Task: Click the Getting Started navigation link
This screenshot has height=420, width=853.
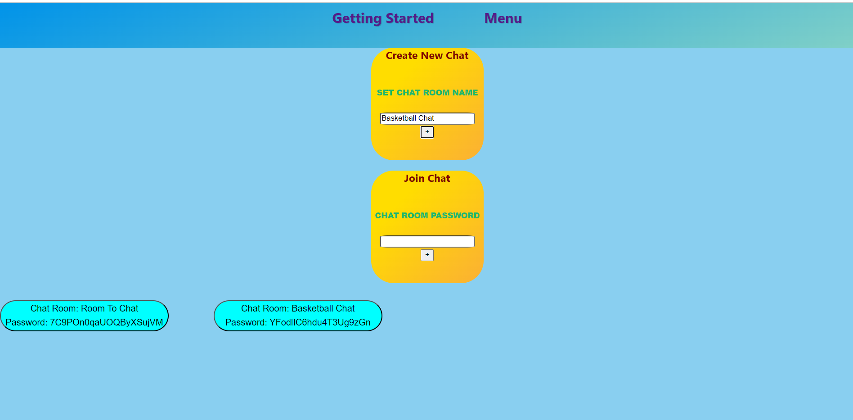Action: click(x=383, y=18)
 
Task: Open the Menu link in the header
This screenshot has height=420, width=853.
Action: click(x=503, y=18)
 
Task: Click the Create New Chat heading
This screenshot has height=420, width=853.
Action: click(x=427, y=56)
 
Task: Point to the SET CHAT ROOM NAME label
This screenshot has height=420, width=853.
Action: click(x=427, y=93)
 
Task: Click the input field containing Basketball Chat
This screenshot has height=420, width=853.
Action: click(x=427, y=118)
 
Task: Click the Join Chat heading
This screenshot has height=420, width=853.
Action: click(x=427, y=179)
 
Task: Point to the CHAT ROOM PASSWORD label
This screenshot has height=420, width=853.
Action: click(x=427, y=216)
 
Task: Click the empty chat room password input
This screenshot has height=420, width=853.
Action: click(x=427, y=242)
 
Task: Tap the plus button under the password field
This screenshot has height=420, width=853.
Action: click(x=427, y=255)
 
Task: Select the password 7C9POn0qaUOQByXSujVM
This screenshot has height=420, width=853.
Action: click(x=106, y=323)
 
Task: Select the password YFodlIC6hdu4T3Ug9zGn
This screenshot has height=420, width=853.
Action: click(x=319, y=323)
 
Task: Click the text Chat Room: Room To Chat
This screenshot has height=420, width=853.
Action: click(x=84, y=309)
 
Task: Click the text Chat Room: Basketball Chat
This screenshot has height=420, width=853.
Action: click(x=298, y=309)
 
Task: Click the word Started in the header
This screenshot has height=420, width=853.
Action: click(x=409, y=18)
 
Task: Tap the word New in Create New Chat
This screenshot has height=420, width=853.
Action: click(x=432, y=56)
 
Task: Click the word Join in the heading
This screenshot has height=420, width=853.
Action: click(x=414, y=179)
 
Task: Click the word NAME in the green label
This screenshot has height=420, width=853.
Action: click(x=465, y=93)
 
